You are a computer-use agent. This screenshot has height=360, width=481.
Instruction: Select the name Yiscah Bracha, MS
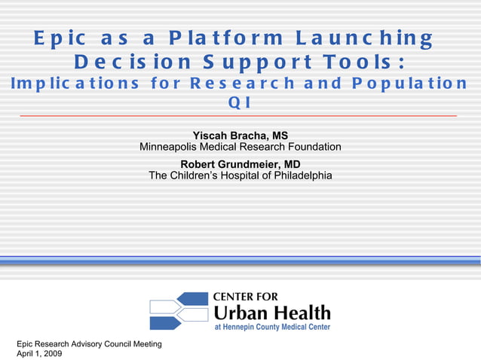point(240,136)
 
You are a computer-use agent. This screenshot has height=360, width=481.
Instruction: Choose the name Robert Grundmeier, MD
point(240,164)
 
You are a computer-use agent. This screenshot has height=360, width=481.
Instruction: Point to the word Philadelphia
point(298,175)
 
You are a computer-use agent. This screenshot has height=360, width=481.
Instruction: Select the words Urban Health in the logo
point(272,313)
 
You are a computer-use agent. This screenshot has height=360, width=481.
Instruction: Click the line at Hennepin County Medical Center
point(272,328)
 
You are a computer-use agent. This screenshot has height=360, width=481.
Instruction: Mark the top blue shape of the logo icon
point(191,299)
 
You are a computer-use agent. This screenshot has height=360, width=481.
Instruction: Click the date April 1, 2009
point(39,353)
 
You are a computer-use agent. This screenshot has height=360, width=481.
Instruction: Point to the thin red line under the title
point(239,116)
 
